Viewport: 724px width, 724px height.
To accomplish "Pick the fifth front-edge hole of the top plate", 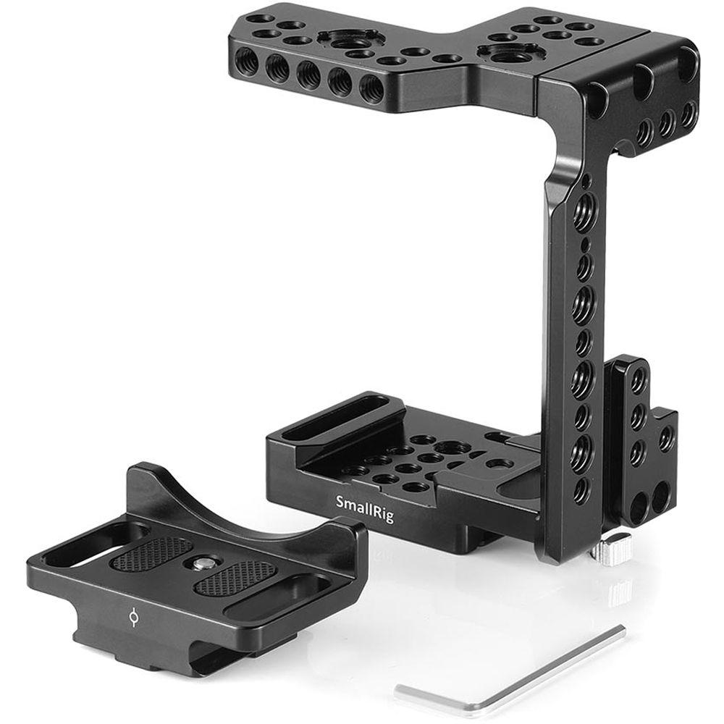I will pyautogui.click(x=373, y=88).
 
